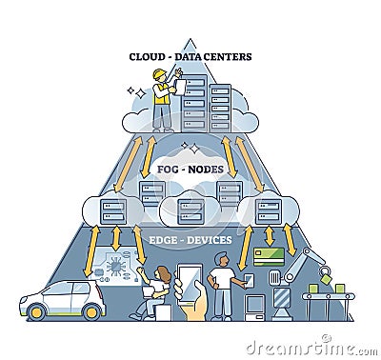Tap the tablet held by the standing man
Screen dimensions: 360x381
(247, 278)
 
